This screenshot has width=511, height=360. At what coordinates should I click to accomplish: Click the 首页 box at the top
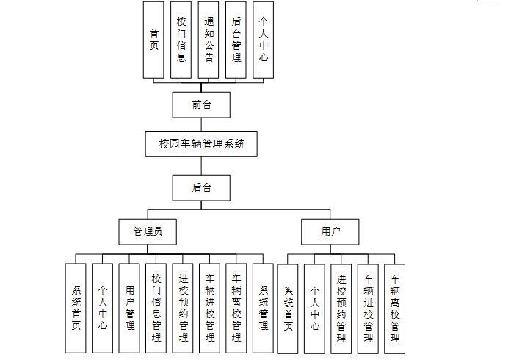[153, 40]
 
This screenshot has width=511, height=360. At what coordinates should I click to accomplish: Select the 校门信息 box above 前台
[181, 40]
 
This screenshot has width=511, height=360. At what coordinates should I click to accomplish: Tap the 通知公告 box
[209, 40]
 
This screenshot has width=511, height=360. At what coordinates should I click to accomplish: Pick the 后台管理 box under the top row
[236, 40]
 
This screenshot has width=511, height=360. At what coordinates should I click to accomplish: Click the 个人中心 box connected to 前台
[263, 40]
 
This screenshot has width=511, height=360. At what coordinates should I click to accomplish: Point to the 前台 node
[201, 105]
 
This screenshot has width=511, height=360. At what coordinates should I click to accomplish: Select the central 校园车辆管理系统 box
[201, 144]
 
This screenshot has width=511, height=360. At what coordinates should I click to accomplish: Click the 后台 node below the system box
[201, 187]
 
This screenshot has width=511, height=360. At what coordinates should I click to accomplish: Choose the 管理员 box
[147, 232]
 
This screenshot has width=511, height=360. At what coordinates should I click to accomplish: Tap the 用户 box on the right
[330, 232]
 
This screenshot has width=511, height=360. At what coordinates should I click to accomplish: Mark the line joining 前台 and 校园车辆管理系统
[201, 124]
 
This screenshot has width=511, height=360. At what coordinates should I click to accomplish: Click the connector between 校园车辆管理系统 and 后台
[201, 165]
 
